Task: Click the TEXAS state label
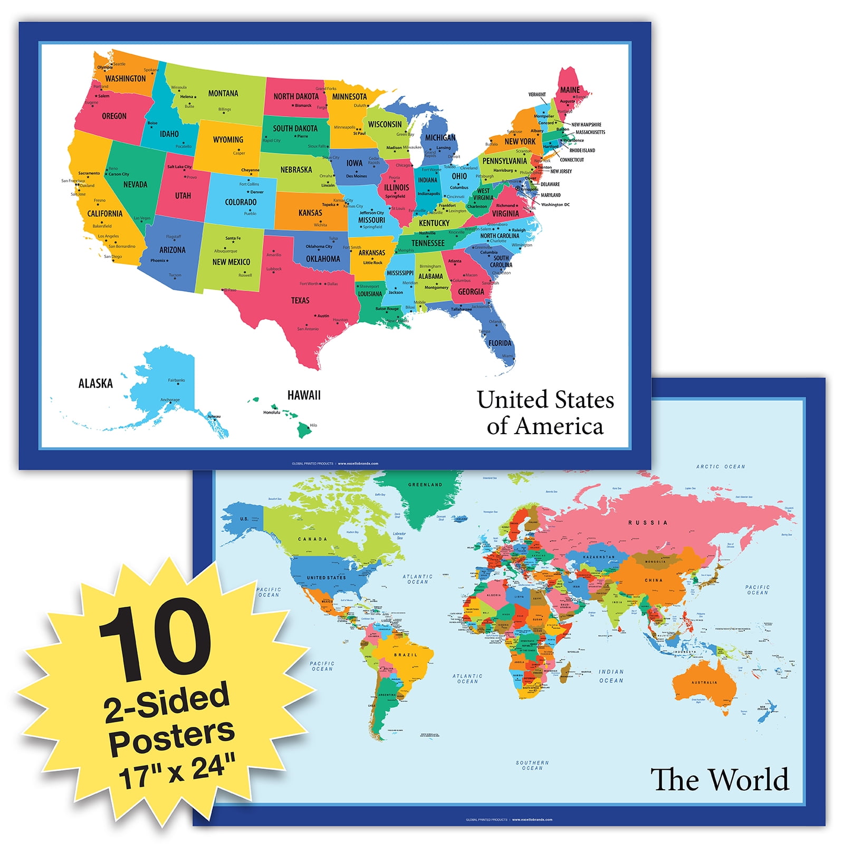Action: (x=300, y=301)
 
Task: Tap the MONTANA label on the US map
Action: (x=223, y=93)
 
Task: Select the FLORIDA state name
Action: (x=500, y=343)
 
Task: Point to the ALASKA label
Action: (x=95, y=383)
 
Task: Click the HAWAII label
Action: (x=304, y=395)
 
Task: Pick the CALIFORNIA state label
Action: (x=104, y=214)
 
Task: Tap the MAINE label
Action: (x=570, y=90)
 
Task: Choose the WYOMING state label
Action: (x=228, y=140)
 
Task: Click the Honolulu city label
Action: (x=272, y=413)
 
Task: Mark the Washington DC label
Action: (x=555, y=205)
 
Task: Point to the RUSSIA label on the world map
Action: (x=648, y=523)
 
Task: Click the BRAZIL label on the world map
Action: (x=406, y=655)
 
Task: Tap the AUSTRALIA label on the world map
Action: (x=704, y=683)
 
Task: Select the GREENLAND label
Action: (x=425, y=485)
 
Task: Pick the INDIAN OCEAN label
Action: (x=611, y=676)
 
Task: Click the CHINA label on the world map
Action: (x=653, y=580)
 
